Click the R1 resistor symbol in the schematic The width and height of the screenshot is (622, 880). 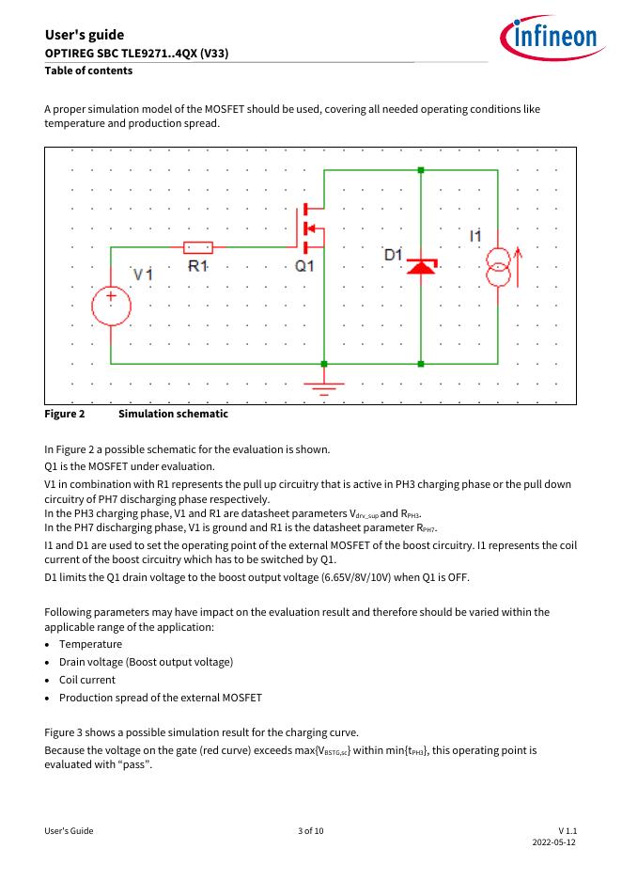[x=197, y=247]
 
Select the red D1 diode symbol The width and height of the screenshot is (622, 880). [x=420, y=267]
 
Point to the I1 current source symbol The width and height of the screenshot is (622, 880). [x=498, y=268]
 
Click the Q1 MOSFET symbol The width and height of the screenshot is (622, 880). [x=310, y=228]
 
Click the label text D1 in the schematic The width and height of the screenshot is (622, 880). [x=394, y=255]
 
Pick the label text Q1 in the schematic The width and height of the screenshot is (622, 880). [x=305, y=266]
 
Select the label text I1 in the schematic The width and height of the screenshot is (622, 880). [x=475, y=236]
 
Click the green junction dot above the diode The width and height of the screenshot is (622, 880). [x=420, y=170]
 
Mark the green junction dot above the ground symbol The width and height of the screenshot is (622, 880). [x=324, y=363]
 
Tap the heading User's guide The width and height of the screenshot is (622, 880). [x=84, y=35]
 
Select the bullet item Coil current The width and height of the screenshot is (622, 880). [x=87, y=680]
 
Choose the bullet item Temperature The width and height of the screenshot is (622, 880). [x=90, y=644]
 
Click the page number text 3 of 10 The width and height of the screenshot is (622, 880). [x=310, y=831]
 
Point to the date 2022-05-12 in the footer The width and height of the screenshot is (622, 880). [x=553, y=843]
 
